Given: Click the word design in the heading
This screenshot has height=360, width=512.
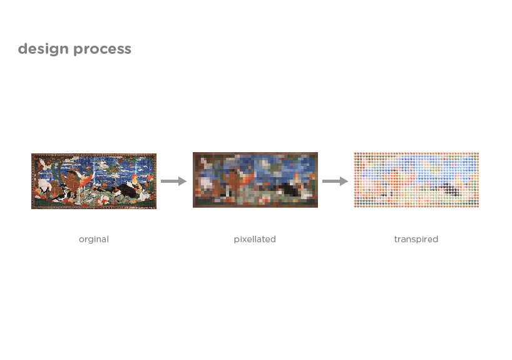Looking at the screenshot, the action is tap(43, 49).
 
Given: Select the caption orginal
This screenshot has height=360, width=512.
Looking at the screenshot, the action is tap(94, 239).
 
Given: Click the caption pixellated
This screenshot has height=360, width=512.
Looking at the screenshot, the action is tap(255, 239).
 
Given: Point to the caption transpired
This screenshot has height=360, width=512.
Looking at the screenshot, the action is tap(416, 239).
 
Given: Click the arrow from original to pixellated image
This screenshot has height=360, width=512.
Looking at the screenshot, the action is tap(174, 181).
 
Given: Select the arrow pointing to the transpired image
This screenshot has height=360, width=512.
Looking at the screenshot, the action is tap(335, 181).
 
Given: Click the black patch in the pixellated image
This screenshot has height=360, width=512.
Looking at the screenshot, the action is tap(288, 190).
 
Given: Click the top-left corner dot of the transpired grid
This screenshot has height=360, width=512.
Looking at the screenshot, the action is tap(356, 154).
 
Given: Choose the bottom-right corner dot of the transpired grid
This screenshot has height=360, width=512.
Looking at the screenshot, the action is tap(477, 205).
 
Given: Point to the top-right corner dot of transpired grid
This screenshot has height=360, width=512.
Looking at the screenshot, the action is tap(477, 154).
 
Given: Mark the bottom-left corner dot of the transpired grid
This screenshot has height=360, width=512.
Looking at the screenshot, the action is tap(356, 205).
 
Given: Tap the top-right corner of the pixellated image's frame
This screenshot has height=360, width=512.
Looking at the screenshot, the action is tap(318, 153).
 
